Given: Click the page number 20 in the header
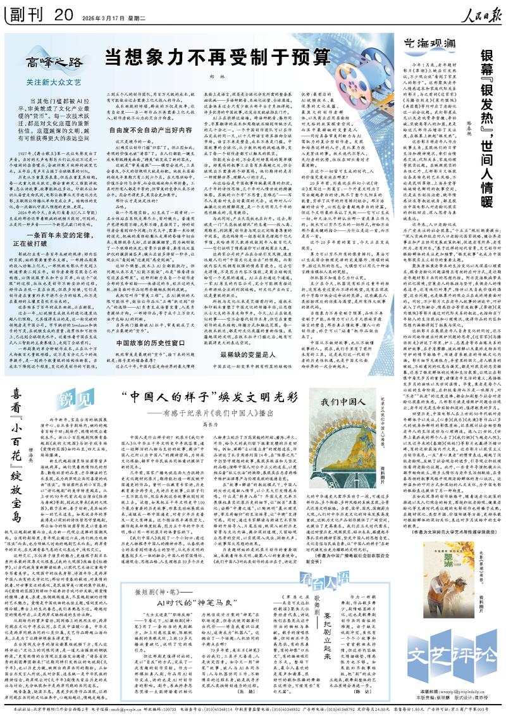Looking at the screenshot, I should [x=63, y=14].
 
